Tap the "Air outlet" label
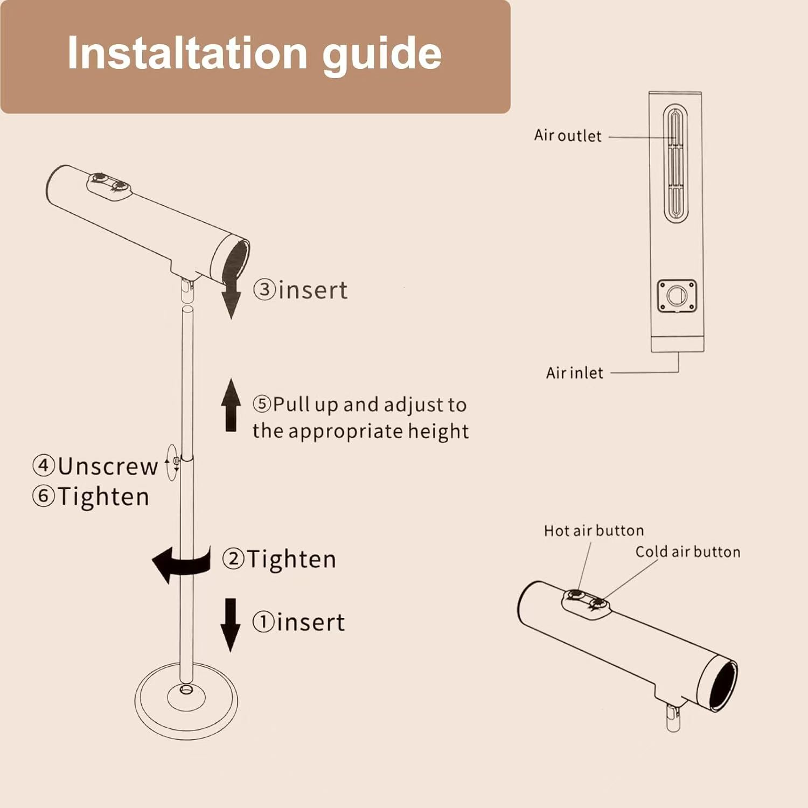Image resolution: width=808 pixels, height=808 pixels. coord(568,135)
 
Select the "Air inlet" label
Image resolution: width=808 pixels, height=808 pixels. coord(574,373)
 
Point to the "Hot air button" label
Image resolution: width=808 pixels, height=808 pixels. coord(594,531)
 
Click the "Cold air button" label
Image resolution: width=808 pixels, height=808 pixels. coord(688,552)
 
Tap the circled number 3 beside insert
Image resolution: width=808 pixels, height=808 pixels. coord(264,289)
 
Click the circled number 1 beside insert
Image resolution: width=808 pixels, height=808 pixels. coord(263,622)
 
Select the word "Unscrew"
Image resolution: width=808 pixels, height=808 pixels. coord(108,466)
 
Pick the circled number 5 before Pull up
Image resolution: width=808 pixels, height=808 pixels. coord(262,404)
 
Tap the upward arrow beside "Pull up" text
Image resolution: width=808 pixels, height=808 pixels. coord(231,405)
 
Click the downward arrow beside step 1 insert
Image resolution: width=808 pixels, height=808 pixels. coord(231,625)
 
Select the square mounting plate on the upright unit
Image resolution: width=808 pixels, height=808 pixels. coord(677,296)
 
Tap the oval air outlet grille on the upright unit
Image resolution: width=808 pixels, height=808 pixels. coord(675,164)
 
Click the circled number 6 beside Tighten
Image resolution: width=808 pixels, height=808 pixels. coord(44,496)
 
